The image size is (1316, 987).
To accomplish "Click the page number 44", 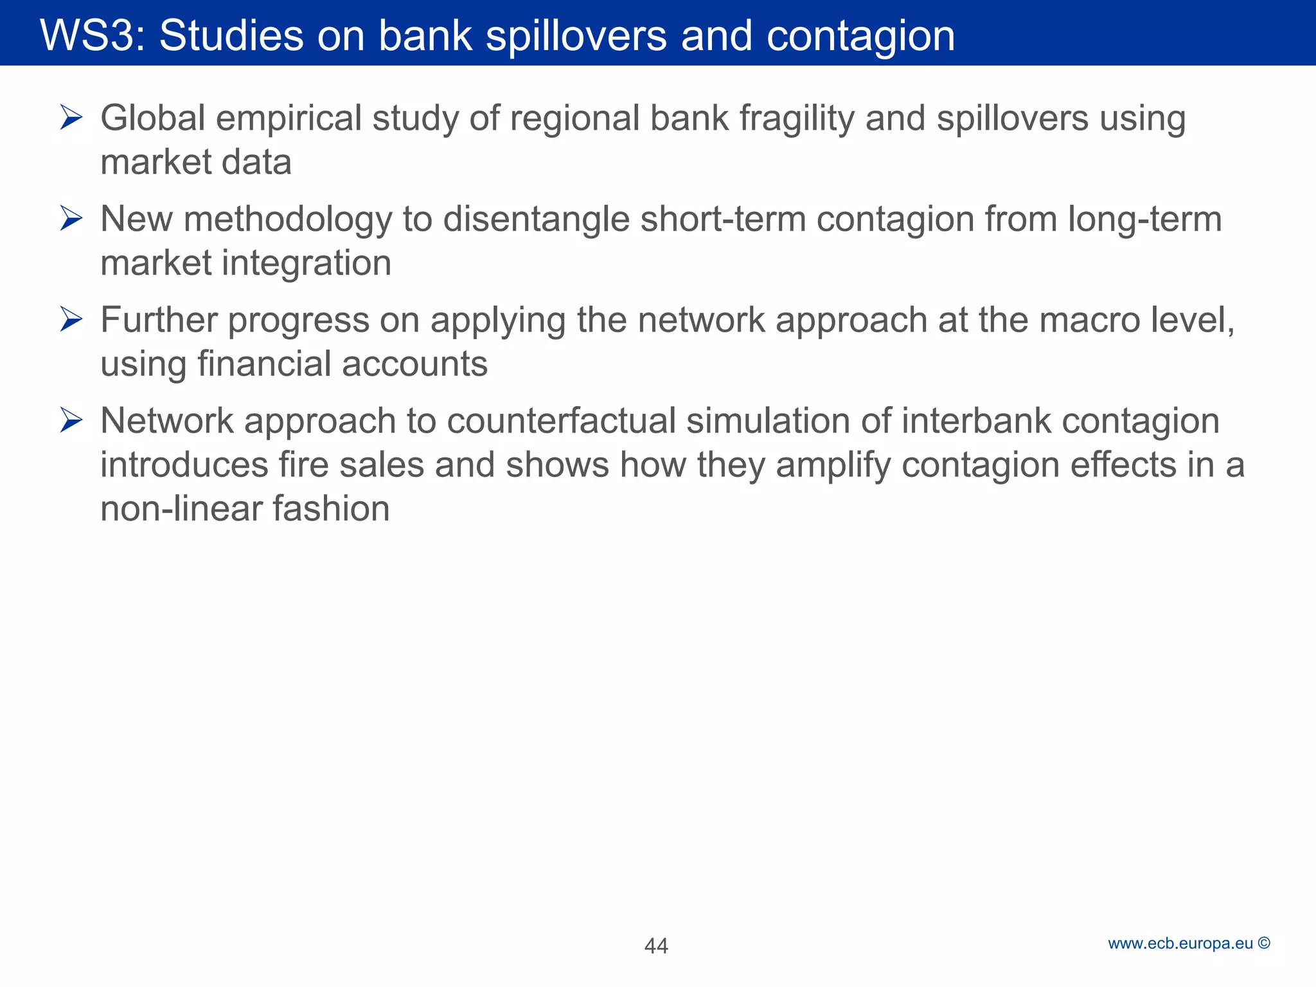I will click(x=656, y=945).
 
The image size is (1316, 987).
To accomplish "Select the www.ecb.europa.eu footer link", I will click(x=1180, y=943).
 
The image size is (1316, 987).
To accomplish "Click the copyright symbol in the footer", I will click(x=1264, y=943).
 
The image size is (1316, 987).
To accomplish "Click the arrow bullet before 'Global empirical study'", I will click(x=71, y=118).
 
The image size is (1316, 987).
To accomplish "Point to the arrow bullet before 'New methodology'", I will click(x=71, y=218).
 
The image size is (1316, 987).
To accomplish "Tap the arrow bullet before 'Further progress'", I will click(x=71, y=319).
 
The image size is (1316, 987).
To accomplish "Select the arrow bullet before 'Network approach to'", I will click(x=71, y=420).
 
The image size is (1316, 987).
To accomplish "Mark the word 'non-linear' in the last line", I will click(x=181, y=508).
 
